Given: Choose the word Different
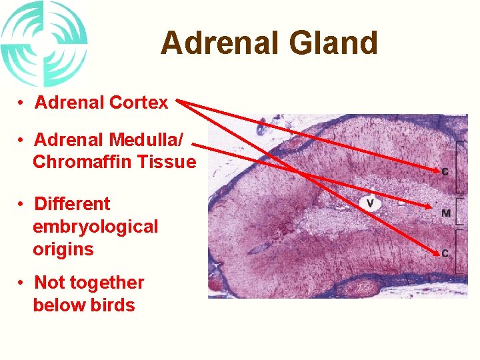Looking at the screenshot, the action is click(x=72, y=204).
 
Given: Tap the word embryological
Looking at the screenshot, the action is click(x=95, y=227).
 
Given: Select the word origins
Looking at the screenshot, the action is click(x=63, y=250).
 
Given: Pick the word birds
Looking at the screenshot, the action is click(x=113, y=305).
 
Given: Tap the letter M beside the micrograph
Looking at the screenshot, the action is click(x=445, y=213).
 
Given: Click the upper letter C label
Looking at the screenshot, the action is click(x=445, y=172).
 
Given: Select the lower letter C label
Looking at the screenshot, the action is click(x=445, y=253).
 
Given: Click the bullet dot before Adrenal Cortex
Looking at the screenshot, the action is click(x=22, y=103).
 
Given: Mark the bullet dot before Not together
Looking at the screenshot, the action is click(x=22, y=283).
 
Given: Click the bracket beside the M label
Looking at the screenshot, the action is click(x=460, y=213).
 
